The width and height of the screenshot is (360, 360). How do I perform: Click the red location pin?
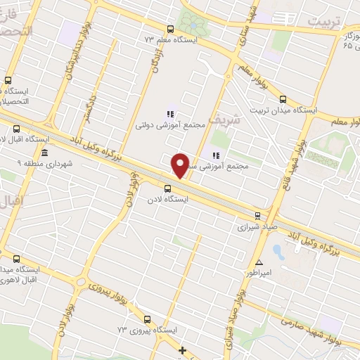[181, 165]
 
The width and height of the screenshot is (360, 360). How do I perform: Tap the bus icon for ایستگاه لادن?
[167, 188]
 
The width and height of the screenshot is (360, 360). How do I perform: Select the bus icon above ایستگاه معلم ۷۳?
[169, 29]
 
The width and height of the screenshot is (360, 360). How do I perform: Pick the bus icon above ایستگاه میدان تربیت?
[283, 99]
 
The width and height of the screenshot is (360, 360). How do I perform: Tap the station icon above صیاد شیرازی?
[257, 216]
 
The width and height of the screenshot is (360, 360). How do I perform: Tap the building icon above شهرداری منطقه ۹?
[44, 153]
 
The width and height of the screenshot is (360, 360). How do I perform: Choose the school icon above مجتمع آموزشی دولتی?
[169, 113]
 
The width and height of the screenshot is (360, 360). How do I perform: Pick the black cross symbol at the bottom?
[182, 350]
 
